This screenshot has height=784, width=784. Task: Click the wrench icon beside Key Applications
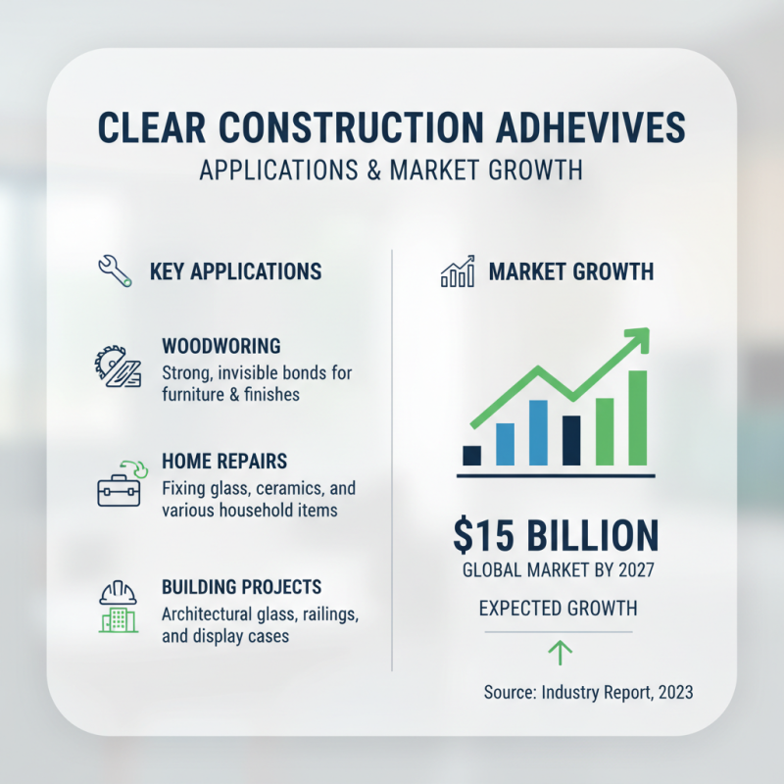pyautogui.click(x=116, y=270)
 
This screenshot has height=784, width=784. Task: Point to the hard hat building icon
pyautogui.click(x=117, y=608)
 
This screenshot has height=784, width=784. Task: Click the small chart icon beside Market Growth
pyautogui.click(x=458, y=271)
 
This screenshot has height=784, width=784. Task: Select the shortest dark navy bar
pyautogui.click(x=471, y=455)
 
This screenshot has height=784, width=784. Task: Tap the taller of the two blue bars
pyautogui.click(x=537, y=432)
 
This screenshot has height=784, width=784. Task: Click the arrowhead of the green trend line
pyautogui.click(x=638, y=339)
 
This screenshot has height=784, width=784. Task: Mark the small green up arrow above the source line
pyautogui.click(x=561, y=652)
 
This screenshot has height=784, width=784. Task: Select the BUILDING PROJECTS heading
pyautogui.click(x=241, y=588)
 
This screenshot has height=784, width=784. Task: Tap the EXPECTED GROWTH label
pyautogui.click(x=558, y=609)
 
